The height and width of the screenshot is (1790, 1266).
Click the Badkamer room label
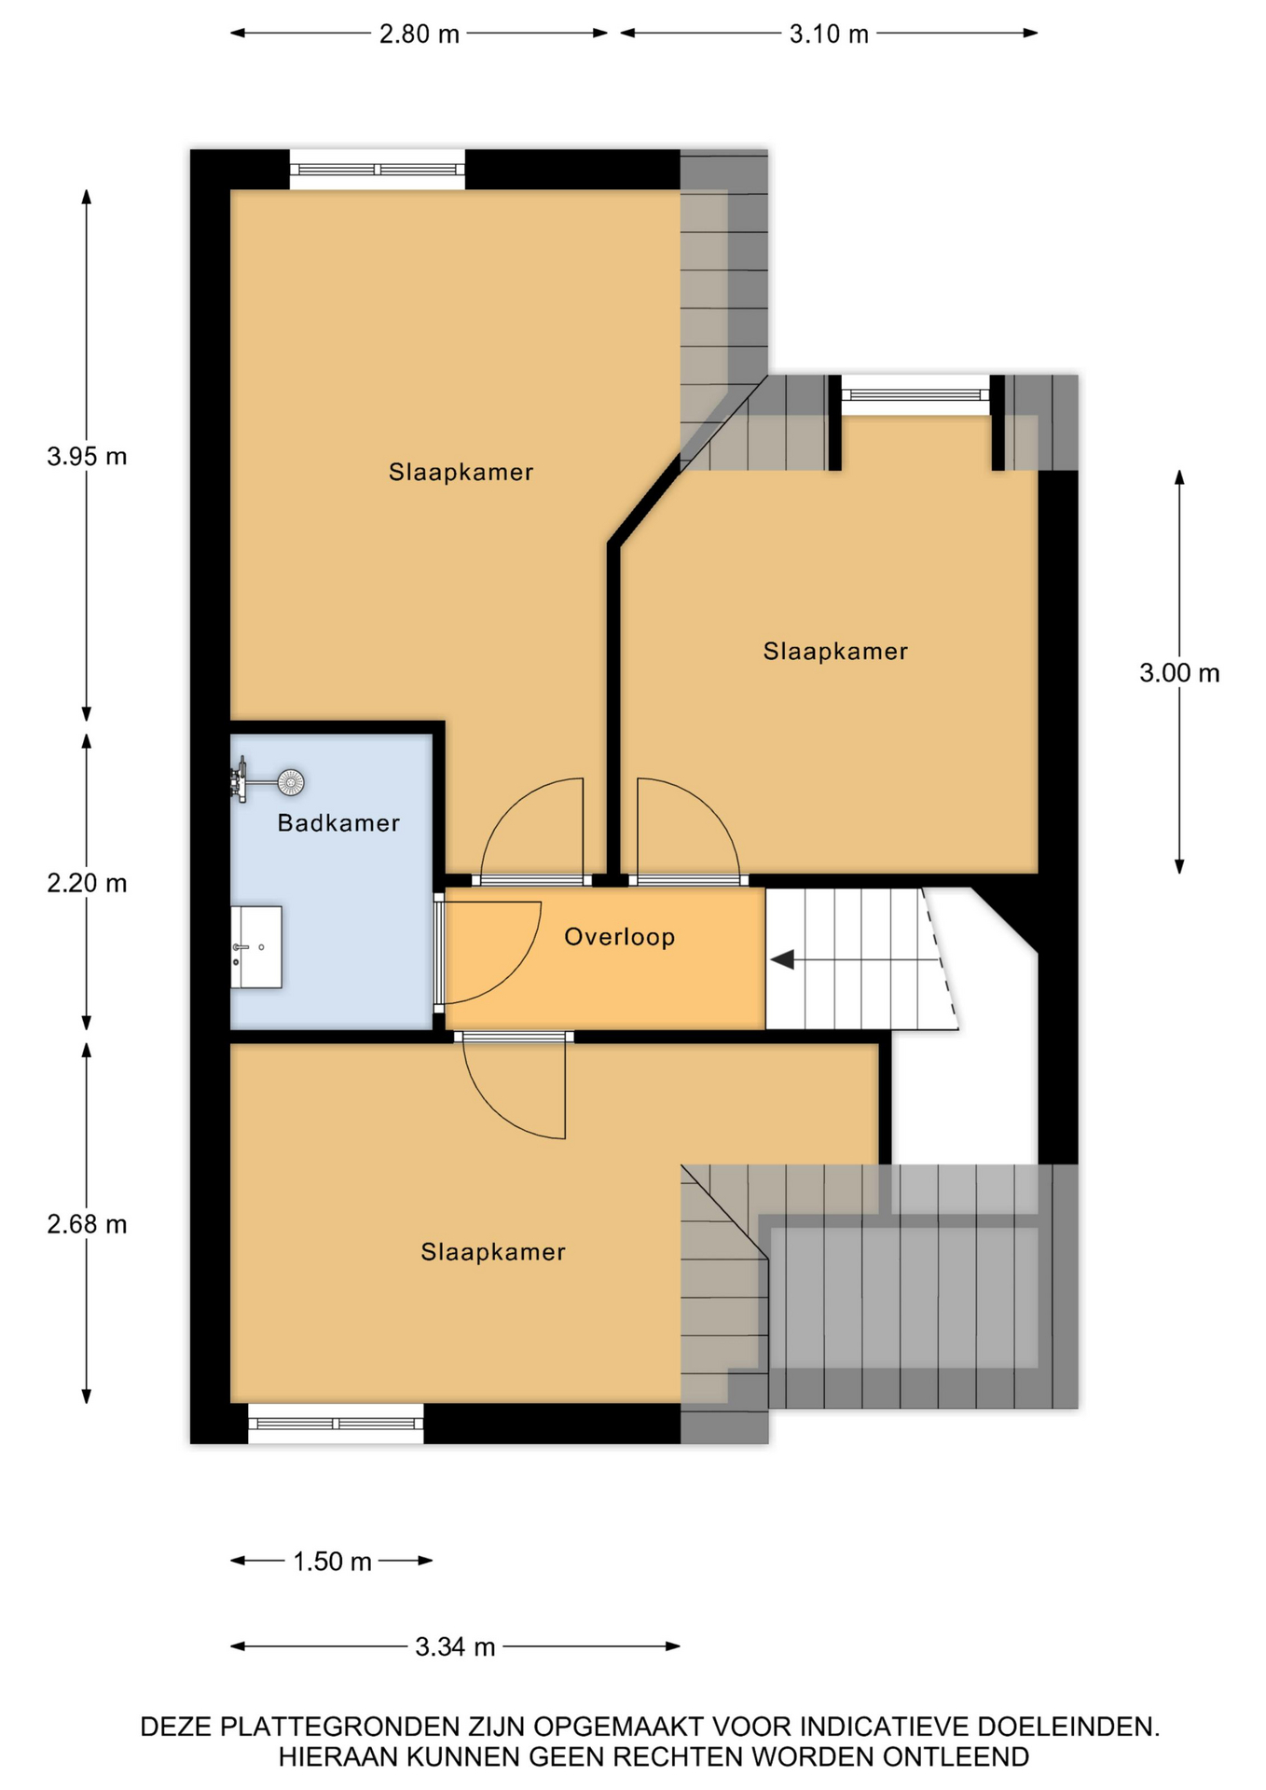pos(338,823)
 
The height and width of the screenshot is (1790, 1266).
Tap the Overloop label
pos(620,937)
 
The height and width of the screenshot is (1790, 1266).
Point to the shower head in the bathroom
pos(291,782)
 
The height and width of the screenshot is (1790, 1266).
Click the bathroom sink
pos(256,946)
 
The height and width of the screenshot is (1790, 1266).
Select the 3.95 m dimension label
pos(87,457)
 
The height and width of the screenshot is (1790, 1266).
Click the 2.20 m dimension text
pos(87,883)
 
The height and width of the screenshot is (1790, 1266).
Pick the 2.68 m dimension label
pos(87,1224)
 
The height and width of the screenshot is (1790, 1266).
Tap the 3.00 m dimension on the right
pos(1179,673)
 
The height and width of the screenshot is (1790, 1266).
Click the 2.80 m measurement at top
pos(420,34)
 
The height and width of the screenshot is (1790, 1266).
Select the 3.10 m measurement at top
pos(829,34)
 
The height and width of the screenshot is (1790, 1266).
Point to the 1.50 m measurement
pos(333,1562)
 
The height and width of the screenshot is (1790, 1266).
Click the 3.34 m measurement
pos(455,1647)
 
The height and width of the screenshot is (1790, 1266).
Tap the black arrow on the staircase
pos(782,958)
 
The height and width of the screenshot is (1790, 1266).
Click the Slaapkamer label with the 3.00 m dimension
pos(835,652)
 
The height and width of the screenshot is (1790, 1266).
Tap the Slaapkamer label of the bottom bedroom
pos(493,1252)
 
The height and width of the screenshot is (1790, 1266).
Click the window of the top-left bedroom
pos(377,170)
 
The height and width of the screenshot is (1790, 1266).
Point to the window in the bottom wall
pos(336,1424)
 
